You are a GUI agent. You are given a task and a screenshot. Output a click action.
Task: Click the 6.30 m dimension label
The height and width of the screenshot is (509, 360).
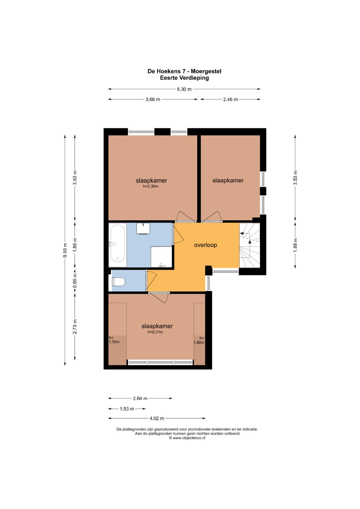click(x=184, y=89)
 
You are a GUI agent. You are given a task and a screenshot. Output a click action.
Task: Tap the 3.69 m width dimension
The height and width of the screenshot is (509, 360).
click(x=153, y=99)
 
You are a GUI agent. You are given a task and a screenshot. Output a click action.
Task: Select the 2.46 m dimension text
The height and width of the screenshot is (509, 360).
click(x=230, y=99)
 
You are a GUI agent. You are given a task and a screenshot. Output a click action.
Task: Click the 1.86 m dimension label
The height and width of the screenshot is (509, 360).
click(x=75, y=245)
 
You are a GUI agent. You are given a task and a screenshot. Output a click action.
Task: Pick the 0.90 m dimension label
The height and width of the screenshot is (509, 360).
click(x=75, y=281)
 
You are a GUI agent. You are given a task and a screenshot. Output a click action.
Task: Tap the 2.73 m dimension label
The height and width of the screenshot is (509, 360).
click(x=75, y=327)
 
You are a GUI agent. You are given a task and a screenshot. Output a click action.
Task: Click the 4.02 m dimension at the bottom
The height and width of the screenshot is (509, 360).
click(x=157, y=418)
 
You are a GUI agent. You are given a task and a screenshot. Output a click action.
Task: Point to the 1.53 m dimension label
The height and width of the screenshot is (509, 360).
click(x=127, y=409)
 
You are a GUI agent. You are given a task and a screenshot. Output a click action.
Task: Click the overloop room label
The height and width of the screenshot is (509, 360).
click(x=205, y=245)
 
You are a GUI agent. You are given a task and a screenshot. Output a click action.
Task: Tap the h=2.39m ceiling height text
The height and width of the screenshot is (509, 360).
click(x=151, y=186)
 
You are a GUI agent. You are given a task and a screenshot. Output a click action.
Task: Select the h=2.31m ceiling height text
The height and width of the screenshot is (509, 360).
click(x=155, y=332)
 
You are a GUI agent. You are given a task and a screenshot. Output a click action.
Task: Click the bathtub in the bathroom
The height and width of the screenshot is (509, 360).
click(x=117, y=245)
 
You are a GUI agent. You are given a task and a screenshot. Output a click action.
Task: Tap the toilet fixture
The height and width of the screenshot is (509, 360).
click(x=118, y=282)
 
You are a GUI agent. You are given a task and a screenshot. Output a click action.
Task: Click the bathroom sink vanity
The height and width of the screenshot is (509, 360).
click(x=143, y=228)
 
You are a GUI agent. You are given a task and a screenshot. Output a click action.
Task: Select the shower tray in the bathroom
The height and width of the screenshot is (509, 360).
click(x=161, y=257)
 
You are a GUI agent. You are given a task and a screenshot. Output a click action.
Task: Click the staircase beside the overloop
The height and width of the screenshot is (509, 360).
click(x=249, y=245)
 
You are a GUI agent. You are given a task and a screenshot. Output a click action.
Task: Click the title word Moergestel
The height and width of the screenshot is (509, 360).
click(x=206, y=71)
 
